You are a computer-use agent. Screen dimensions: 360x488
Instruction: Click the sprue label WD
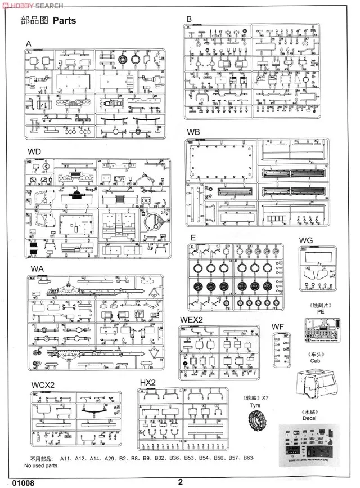click(34, 152)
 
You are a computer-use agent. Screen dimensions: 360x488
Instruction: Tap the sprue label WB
click(193, 132)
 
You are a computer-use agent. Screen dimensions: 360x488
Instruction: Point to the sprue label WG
click(306, 241)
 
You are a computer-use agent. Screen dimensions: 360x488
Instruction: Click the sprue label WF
click(278, 326)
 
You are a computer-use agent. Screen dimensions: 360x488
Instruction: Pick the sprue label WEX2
click(191, 320)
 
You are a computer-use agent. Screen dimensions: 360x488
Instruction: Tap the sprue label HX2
click(147, 383)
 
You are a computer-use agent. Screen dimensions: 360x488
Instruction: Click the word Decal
click(310, 419)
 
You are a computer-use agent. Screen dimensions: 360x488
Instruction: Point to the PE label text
click(321, 311)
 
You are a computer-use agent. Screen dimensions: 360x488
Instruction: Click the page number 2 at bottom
click(181, 481)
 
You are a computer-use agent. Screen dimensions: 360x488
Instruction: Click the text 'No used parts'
click(40, 465)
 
